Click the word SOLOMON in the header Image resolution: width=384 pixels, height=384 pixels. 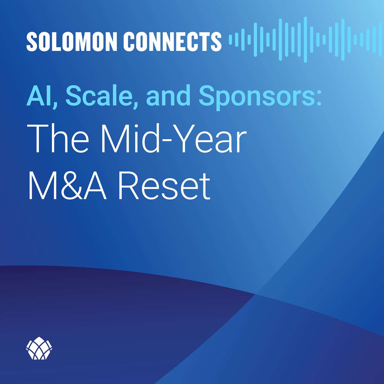click(x=72, y=42)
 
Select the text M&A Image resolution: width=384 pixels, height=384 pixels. click(x=67, y=186)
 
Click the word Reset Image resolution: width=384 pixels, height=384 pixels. click(x=164, y=186)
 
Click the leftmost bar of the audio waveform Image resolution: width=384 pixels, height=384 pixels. click(x=230, y=39)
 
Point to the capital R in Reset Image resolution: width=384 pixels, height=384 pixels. click(x=128, y=186)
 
